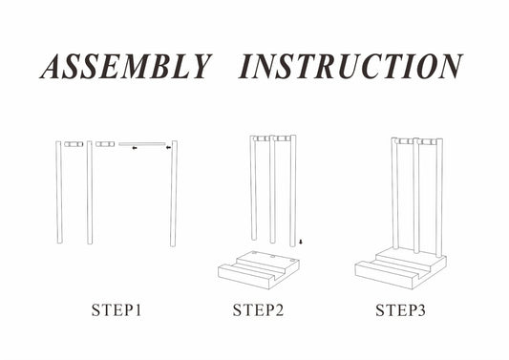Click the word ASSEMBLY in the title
click(x=126, y=67)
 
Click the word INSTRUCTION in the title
click(x=350, y=67)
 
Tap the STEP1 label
click(x=117, y=310)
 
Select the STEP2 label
click(x=258, y=310)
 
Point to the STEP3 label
click(x=400, y=310)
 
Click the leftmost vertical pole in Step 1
click(x=59, y=192)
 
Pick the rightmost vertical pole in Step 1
click(x=174, y=194)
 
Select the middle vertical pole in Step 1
click(x=90, y=193)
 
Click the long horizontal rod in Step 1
click(x=142, y=144)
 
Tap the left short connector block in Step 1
click(x=74, y=144)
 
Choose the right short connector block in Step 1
click(x=105, y=144)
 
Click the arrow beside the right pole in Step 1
click(x=168, y=148)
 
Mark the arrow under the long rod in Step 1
click(x=135, y=148)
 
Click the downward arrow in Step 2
click(x=301, y=242)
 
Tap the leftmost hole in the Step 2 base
click(x=254, y=252)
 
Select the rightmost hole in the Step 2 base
click(x=293, y=260)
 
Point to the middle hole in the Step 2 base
click(x=273, y=257)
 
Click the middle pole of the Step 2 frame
click(x=272, y=190)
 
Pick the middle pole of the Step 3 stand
click(x=416, y=196)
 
